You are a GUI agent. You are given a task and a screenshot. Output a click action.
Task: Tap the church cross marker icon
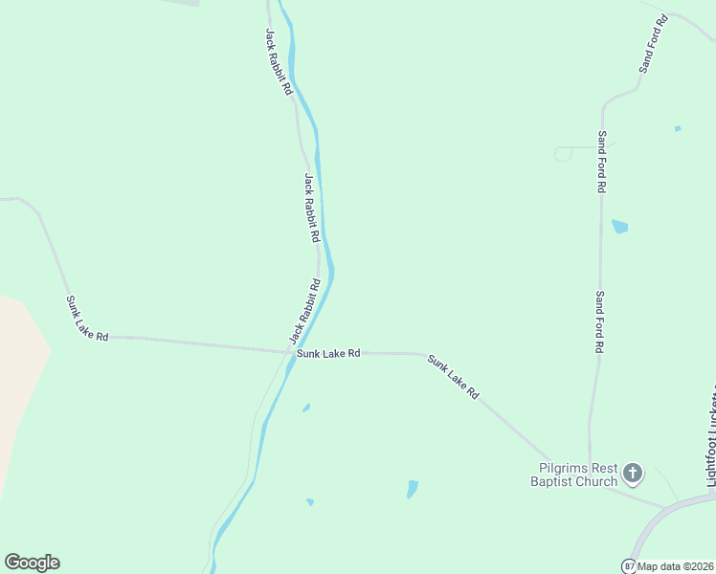coord(632,472)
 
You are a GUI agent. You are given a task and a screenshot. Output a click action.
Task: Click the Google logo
coord(32,563)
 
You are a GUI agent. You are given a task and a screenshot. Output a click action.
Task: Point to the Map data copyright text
coord(676,565)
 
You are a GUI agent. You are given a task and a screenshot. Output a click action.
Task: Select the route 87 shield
coord(629,565)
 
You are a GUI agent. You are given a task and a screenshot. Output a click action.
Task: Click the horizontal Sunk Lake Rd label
coord(328,353)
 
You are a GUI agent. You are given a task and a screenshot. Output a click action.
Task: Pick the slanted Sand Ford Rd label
coord(652,45)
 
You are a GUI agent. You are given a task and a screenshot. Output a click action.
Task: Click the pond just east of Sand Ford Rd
coord(619,227)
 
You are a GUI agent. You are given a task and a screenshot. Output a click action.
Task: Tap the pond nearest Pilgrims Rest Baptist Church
coord(413,488)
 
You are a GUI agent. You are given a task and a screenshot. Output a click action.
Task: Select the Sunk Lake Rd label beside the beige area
coord(87,319)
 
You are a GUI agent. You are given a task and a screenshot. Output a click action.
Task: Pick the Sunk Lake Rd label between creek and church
coord(453,377)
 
